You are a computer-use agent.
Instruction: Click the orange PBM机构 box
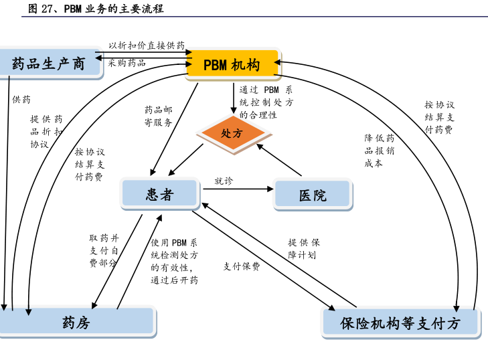pyautogui.click(x=232, y=65)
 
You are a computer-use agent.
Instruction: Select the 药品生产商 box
pyautogui.click(x=49, y=64)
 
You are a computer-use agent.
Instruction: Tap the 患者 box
pyautogui.click(x=160, y=194)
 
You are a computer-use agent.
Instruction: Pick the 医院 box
pyautogui.click(x=313, y=195)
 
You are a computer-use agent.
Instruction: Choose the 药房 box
pyautogui.click(x=76, y=323)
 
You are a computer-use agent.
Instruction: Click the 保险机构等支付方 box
pyautogui.click(x=400, y=323)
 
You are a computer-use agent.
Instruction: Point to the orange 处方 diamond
pyautogui.click(x=231, y=133)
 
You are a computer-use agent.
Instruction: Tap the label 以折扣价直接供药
pyautogui.click(x=147, y=46)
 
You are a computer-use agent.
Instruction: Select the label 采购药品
pyautogui.click(x=127, y=63)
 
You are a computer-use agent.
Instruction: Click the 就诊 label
pyautogui.click(x=224, y=181)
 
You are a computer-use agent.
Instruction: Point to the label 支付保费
pyautogui.click(x=242, y=266)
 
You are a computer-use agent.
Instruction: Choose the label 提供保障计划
pyautogui.click(x=304, y=248)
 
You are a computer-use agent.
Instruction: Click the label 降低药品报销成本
pyautogui.click(x=379, y=150)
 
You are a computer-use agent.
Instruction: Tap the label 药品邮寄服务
pyautogui.click(x=159, y=116)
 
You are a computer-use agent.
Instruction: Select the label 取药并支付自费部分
pyautogui.click(x=104, y=250)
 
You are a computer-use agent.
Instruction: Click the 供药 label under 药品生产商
pyautogui.click(x=21, y=99)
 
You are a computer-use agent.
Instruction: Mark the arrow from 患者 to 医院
pyautogui.click(x=238, y=189)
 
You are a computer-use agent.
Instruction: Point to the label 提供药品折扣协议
pyautogui.click(x=46, y=131)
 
